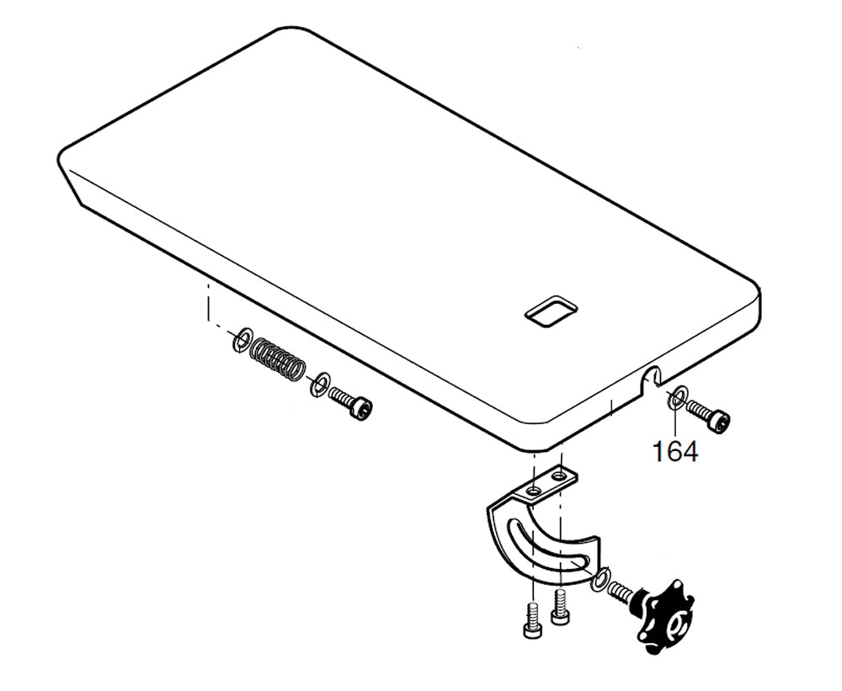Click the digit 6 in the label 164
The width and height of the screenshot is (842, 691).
[x=675, y=451]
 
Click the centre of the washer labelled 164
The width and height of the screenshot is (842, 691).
[x=676, y=396]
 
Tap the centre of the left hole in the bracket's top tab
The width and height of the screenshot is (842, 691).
[x=533, y=491]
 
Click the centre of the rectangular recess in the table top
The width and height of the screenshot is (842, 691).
[x=551, y=310]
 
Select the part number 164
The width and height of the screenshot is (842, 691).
[x=675, y=451]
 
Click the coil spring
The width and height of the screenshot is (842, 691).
[x=278, y=360]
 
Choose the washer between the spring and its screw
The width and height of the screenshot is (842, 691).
[x=320, y=383]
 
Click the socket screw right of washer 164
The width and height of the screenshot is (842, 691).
[x=708, y=415]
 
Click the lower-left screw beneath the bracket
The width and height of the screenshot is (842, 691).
[x=530, y=619]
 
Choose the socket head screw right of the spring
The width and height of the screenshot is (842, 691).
[x=351, y=402]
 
